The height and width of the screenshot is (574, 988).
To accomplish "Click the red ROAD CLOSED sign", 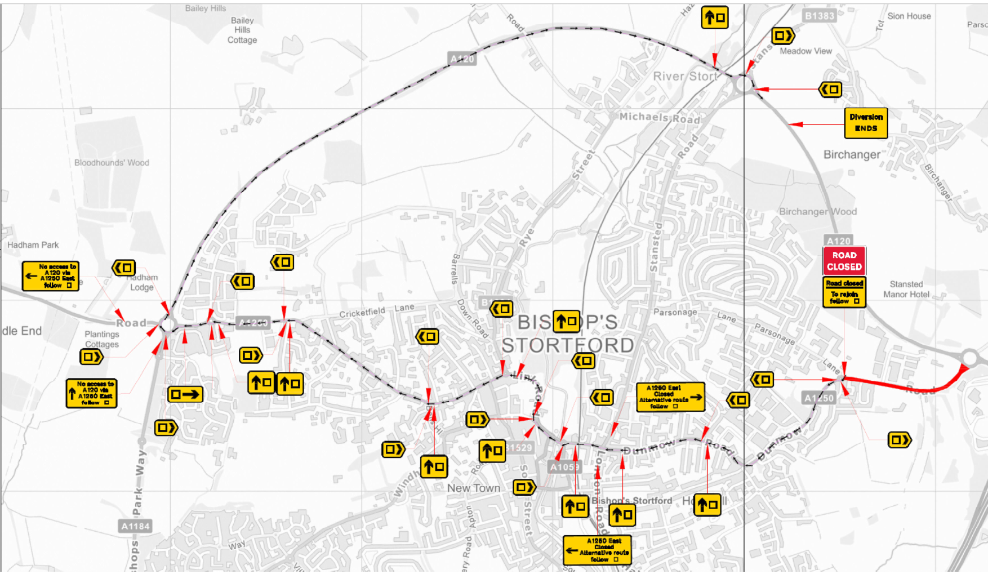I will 844,261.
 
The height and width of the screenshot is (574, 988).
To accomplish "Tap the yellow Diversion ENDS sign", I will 866,123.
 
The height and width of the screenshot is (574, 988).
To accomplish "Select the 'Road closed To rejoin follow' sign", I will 844,292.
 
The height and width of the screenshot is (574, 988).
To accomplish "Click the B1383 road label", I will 819,16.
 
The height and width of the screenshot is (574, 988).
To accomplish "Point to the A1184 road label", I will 136,526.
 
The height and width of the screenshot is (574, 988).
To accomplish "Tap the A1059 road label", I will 564,467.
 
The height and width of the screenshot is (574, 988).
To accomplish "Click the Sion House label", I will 909,16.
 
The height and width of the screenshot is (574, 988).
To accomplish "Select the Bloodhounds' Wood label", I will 112,163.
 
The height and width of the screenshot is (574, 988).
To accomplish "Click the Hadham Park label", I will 33,245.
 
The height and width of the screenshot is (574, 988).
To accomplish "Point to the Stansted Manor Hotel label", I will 906,290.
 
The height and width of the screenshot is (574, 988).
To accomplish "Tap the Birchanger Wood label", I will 817,212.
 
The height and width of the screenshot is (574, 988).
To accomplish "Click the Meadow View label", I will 805,51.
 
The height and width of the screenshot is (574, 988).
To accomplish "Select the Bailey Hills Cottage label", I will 242,30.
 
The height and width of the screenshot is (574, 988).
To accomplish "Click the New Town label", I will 473,488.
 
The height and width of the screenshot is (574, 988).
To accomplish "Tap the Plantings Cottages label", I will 102,339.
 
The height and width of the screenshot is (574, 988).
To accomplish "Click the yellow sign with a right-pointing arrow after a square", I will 185,394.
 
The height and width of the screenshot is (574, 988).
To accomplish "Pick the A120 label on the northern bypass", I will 462,59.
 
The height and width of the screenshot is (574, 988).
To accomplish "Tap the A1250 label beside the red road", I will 818,398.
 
